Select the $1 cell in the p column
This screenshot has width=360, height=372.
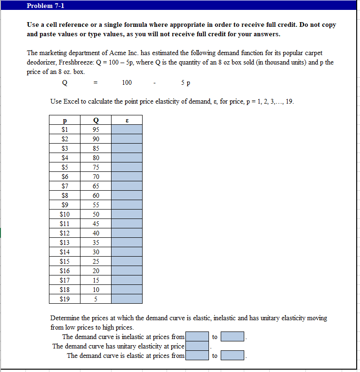click(64, 129)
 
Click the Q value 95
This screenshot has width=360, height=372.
click(96, 129)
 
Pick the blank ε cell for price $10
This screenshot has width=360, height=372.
click(127, 214)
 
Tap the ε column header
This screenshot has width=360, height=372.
click(127, 120)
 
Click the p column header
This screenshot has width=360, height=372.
click(64, 120)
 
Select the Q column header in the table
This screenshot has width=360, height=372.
click(96, 120)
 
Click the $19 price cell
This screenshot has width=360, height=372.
click(64, 299)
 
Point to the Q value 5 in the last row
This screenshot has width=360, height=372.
click(96, 299)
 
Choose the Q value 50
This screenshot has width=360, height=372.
click(96, 214)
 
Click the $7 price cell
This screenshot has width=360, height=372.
click(64, 186)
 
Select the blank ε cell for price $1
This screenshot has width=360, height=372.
click(127, 129)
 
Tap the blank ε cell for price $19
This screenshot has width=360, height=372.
click(127, 299)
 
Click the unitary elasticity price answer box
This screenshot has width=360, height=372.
click(197, 346)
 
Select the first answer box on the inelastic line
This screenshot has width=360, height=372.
click(197, 337)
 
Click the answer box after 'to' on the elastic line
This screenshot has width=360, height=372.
click(232, 356)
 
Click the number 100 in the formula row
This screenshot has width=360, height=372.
click(127, 82)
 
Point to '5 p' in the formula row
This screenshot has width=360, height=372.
click(185, 82)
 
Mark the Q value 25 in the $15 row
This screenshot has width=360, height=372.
click(96, 261)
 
